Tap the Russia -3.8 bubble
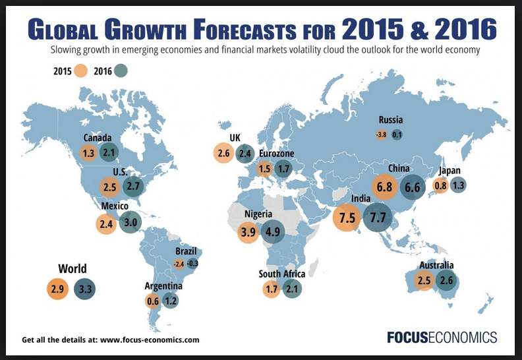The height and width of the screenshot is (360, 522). point(381,135)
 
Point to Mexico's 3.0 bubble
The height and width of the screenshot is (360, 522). point(130,222)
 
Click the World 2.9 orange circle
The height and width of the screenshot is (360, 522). point(57,288)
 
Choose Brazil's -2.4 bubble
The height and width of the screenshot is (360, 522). point(179,264)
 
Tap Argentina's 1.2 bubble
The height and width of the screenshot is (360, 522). point(171,301)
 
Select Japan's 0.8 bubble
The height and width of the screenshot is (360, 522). point(440,185)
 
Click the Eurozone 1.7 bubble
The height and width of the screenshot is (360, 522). point(284,169)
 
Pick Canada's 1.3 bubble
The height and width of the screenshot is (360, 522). point(89,153)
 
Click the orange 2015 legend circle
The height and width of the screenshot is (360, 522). point(82,71)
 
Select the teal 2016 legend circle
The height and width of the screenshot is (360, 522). point(121,71)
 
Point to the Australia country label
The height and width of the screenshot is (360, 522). point(436,266)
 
